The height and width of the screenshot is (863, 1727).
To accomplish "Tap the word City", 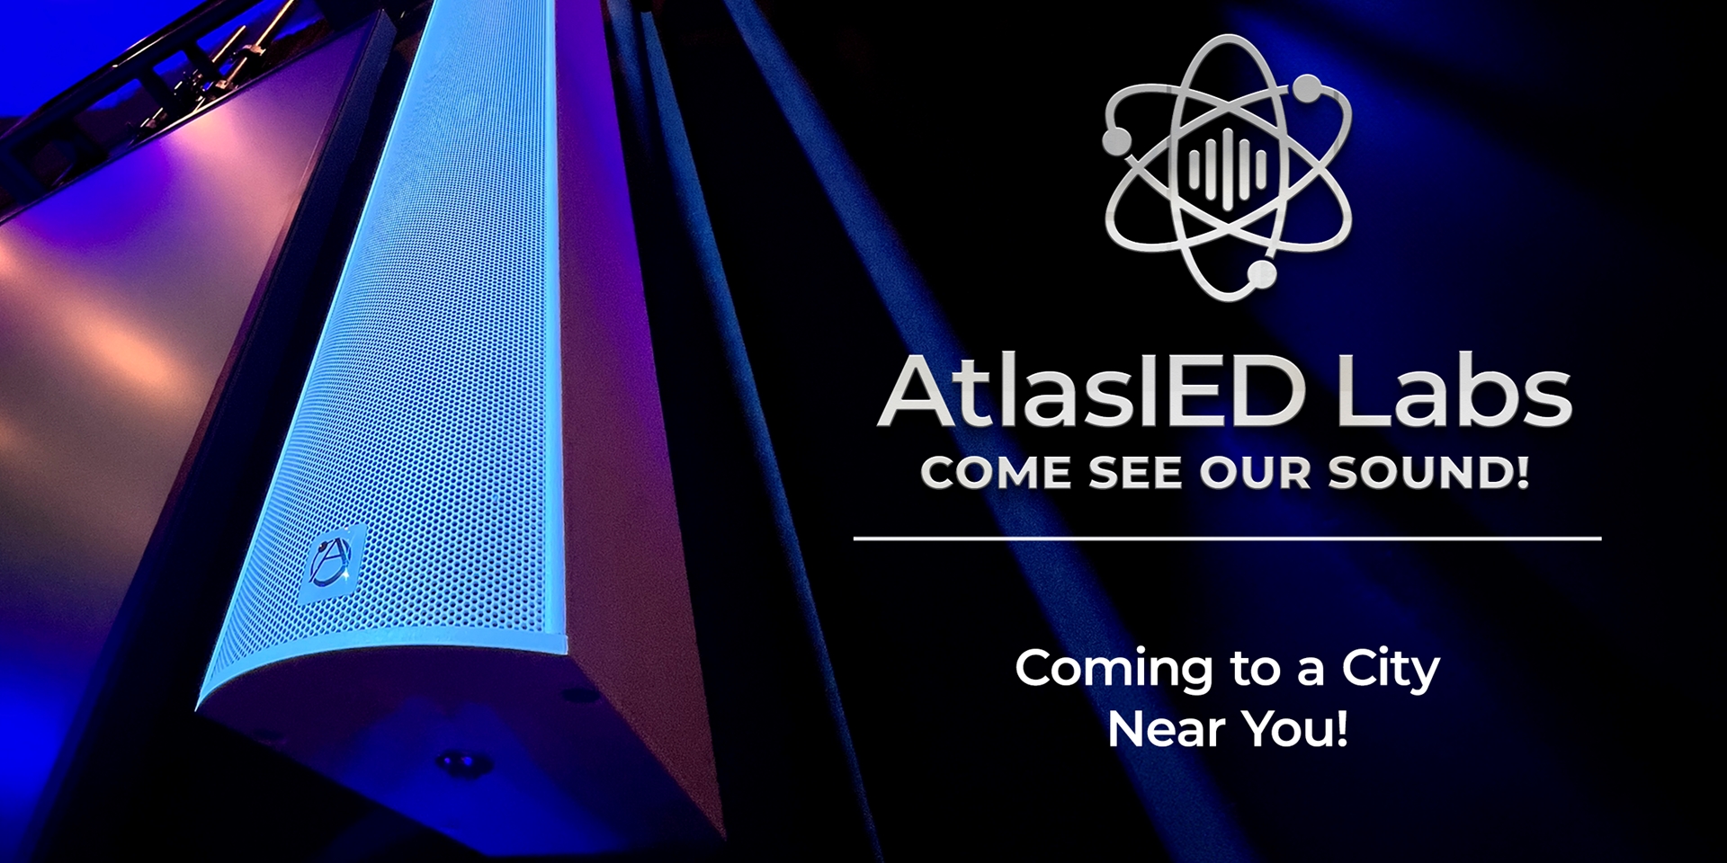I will tap(1391, 670).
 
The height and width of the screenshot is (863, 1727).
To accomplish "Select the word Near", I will tap(1159, 728).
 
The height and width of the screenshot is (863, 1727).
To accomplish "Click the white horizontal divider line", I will tap(1227, 538).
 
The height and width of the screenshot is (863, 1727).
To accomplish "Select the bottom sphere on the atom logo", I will tap(1265, 274).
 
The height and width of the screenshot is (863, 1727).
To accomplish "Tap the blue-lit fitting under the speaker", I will tap(464, 763).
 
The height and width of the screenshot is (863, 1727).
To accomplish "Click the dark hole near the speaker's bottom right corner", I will tap(568, 694).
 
